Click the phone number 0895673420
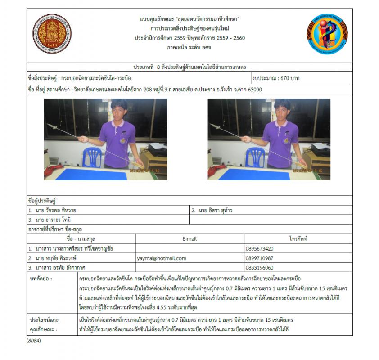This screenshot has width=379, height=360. click(x=261, y=248)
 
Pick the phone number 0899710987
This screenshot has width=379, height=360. click(x=261, y=258)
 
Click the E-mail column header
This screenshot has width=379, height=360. click(x=189, y=239)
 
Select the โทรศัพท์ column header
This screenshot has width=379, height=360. click(x=298, y=239)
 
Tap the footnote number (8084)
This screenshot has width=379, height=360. click(x=34, y=341)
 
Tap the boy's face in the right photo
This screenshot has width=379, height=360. click(x=281, y=109)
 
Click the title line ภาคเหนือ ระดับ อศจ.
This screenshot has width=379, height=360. click(x=189, y=47)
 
